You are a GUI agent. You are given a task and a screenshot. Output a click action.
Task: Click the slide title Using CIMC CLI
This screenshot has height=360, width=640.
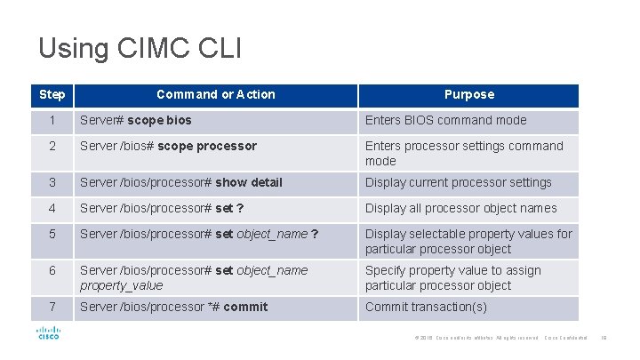(140, 47)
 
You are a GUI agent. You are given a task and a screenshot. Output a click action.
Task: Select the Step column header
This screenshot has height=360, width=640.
(52, 94)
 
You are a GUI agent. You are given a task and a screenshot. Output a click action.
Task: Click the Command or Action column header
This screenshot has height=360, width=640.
(215, 94)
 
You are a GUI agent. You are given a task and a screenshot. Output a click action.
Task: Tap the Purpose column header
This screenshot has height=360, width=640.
(468, 94)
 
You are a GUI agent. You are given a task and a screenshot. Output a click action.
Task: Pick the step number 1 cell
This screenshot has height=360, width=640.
(52, 120)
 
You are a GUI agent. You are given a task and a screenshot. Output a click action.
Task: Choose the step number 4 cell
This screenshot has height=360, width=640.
(52, 208)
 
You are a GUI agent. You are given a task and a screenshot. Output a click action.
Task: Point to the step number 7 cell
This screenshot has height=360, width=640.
(52, 307)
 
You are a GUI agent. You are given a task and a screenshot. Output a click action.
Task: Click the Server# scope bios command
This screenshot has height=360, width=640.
(135, 120)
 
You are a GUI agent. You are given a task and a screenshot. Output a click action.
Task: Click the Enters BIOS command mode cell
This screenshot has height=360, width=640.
(445, 120)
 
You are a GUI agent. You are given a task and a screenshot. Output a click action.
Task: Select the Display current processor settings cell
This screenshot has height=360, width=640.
(458, 182)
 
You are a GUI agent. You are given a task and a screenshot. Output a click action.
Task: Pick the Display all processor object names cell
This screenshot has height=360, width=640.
(460, 208)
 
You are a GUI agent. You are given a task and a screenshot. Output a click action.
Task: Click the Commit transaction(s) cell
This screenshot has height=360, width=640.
(426, 307)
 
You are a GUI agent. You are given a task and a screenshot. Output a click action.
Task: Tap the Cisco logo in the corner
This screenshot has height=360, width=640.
(47, 332)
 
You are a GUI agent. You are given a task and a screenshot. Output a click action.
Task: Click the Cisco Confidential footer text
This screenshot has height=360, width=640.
(566, 338)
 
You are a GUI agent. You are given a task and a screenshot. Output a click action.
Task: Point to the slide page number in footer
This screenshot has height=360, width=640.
(604, 338)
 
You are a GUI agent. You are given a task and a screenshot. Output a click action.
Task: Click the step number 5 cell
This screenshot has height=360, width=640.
(52, 234)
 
